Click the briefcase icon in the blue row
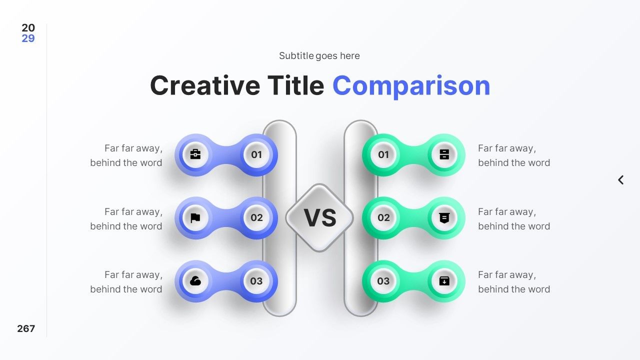pos(195,154)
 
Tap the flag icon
pos(195,217)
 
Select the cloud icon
pos(195,281)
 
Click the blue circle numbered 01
pos(256,154)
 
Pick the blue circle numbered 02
pos(256,217)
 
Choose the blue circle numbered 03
pos(256,281)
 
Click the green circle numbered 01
pos(383,154)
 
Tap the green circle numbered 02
pos(383,217)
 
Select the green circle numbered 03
pos(383,281)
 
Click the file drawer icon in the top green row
pos(444,154)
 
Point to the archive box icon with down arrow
pos(444,281)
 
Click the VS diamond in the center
pos(319,217)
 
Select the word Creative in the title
pos(205,85)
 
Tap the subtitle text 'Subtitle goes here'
pos(319,55)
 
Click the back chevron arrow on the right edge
pos(621,180)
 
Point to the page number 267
pos(26,328)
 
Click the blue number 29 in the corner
pos(28,38)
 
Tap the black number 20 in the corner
pos(28,27)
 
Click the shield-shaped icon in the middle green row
pos(444,217)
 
